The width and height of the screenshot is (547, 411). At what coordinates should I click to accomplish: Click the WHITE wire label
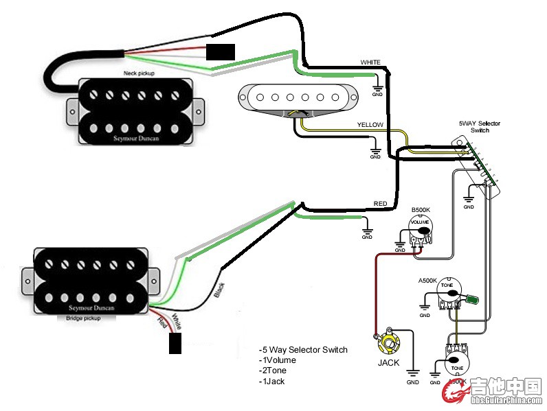pyautogui.click(x=370, y=62)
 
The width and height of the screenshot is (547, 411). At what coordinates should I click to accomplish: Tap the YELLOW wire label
pyautogui.click(x=370, y=126)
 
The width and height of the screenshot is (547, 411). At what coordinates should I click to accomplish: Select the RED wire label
pyautogui.click(x=380, y=204)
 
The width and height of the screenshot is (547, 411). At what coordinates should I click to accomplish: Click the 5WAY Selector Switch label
pyautogui.click(x=480, y=127)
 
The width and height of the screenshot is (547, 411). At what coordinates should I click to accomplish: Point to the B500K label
pyautogui.click(x=420, y=209)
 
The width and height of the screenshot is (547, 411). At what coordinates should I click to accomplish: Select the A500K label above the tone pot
pyautogui.click(x=428, y=281)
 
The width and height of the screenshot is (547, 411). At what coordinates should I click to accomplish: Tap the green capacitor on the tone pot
pyautogui.click(x=473, y=300)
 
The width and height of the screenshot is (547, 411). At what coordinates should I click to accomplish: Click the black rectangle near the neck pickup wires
pyautogui.click(x=221, y=52)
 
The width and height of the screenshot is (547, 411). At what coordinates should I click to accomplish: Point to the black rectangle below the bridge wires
pyautogui.click(x=176, y=342)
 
